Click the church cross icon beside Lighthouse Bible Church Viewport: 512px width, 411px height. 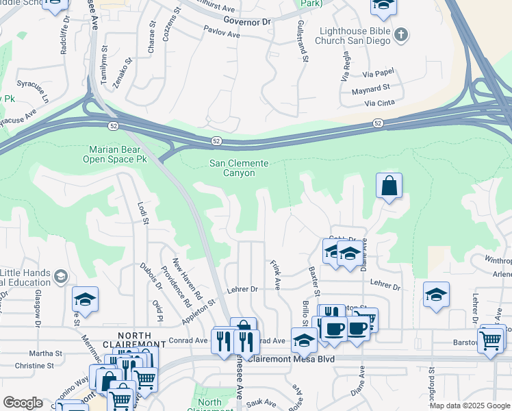pyautogui.click(x=402, y=34)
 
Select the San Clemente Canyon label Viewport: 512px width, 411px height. pyautogui.click(x=238, y=168)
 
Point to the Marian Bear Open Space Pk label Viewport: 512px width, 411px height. pyautogui.click(x=115, y=154)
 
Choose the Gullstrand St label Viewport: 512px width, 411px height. pyautogui.click(x=300, y=40)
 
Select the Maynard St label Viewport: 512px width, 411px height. pyautogui.click(x=370, y=88)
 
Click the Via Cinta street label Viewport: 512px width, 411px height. pyautogui.click(x=380, y=103)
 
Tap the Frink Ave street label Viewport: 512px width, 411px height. pyautogui.click(x=275, y=273)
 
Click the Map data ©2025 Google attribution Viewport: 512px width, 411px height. pyautogui.click(x=470, y=406)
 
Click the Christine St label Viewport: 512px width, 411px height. pyautogui.click(x=29, y=366)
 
